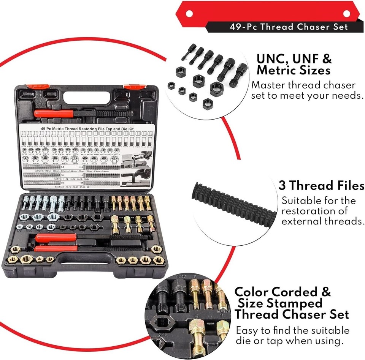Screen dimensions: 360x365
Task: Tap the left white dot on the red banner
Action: [189, 14]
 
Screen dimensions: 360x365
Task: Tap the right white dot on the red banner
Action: [346, 14]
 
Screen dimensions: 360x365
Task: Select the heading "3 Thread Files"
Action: [321, 186]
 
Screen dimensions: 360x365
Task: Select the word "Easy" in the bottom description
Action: [249, 330]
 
